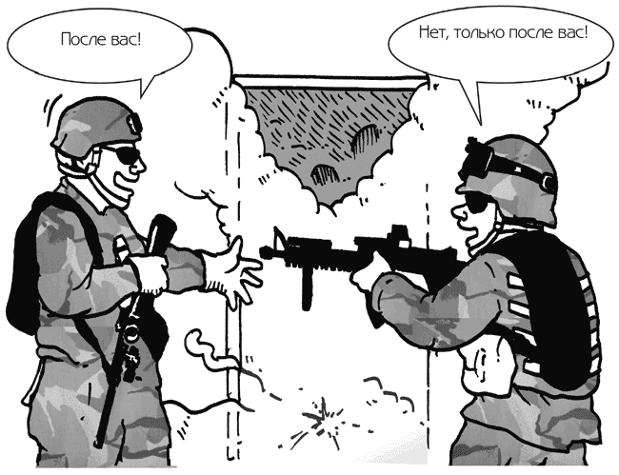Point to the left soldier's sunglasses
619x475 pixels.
pyautogui.click(x=122, y=154)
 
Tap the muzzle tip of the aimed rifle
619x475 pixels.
pyautogui.click(x=261, y=251)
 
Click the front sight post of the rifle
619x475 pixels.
pyautogui.click(x=279, y=237)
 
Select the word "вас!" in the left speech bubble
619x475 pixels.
pyautogui.click(x=127, y=39)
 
